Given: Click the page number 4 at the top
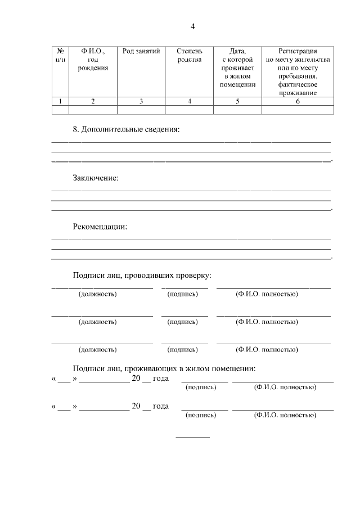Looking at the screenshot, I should pos(192,26).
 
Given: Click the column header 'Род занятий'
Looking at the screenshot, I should pos(141,51).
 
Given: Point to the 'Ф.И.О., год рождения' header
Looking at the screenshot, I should pos(93,59).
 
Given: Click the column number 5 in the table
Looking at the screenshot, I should pos(237,101).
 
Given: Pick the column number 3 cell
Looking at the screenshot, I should pos(141,101).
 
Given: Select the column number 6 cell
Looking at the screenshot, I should pos(298,101).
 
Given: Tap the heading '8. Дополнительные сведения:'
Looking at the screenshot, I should pos(126,130).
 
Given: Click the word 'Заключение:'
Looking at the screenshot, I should pos(96,178).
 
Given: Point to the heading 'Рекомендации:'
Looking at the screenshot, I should pos(100,227).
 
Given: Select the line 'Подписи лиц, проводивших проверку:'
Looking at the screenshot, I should pos(142,276).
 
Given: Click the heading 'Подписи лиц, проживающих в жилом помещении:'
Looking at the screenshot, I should pos(164,369).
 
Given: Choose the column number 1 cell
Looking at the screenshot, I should pos(60,101).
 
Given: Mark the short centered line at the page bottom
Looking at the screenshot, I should pos(192,437).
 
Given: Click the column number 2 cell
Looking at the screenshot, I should pos(93,101).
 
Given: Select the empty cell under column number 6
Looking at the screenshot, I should pos(298,110).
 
